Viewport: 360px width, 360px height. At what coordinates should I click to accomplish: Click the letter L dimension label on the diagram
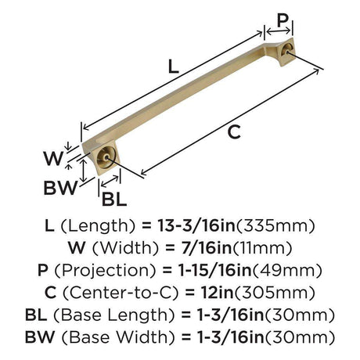click(x=174, y=67)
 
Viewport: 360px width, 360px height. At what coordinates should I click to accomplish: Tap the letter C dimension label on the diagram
click(x=234, y=132)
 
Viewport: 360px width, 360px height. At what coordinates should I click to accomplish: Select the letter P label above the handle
click(x=283, y=20)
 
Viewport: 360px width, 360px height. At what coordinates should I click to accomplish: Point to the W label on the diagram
click(x=53, y=158)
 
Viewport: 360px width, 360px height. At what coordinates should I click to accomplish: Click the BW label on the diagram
click(x=61, y=188)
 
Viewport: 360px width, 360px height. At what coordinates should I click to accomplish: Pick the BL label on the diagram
click(x=114, y=200)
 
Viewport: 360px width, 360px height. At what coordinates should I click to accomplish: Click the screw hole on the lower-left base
click(x=105, y=157)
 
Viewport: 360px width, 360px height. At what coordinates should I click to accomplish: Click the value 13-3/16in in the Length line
click(x=196, y=226)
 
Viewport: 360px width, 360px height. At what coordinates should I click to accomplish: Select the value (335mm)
click(x=275, y=226)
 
